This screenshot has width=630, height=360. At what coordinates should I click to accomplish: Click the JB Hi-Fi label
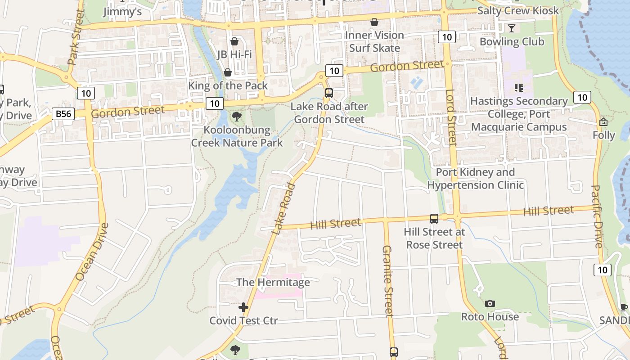click(x=234, y=54)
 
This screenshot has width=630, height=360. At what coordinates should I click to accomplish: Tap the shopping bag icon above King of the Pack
click(x=228, y=72)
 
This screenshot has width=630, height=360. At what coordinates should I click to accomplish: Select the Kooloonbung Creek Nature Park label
click(x=237, y=136)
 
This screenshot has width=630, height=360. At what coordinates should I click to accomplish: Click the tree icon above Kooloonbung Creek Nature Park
click(x=236, y=117)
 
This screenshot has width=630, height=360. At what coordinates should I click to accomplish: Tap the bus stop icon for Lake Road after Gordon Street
click(x=329, y=93)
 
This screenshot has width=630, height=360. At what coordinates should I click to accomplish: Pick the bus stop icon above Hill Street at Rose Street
click(x=434, y=219)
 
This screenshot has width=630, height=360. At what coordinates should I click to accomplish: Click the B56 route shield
click(x=63, y=114)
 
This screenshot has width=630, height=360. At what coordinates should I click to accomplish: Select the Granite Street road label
click(x=388, y=281)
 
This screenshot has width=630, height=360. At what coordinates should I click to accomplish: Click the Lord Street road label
click(x=451, y=118)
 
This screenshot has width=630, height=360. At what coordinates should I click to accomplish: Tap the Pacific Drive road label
click(x=597, y=216)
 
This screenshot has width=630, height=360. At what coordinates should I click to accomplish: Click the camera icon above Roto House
click(x=490, y=304)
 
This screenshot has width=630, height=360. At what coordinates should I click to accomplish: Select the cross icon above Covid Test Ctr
click(x=243, y=307)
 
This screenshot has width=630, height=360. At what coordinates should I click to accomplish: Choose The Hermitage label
click(x=273, y=282)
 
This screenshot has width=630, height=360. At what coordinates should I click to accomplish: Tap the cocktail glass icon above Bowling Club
click(x=512, y=28)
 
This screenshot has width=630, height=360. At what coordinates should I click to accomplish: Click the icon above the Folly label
click(x=603, y=122)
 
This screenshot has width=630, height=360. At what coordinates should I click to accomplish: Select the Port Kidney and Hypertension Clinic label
click(x=475, y=179)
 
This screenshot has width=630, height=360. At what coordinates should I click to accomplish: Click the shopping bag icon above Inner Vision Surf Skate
click(x=374, y=22)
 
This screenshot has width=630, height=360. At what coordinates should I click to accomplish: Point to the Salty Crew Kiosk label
click(x=518, y=10)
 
